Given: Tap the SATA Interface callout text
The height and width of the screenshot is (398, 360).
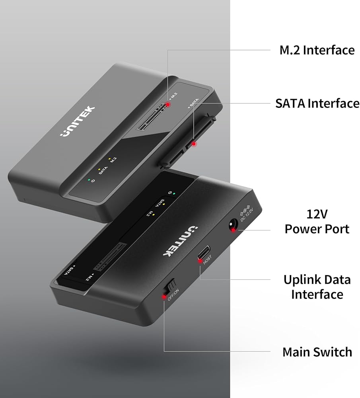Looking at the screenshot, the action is pyautogui.click(x=317, y=103).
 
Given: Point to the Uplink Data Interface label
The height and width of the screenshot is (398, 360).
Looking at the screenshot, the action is pyautogui.click(x=317, y=287).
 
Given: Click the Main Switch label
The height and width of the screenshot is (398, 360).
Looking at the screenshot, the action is pyautogui.click(x=317, y=352).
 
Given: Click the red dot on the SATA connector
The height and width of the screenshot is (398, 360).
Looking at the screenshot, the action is pyautogui.click(x=194, y=144).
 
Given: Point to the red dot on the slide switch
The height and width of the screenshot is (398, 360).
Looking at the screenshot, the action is pyautogui.click(x=164, y=297).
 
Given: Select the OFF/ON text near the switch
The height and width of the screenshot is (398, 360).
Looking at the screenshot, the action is pyautogui.click(x=173, y=295).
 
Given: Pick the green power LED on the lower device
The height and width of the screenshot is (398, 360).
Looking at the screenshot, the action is pyautogui.click(x=174, y=194).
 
